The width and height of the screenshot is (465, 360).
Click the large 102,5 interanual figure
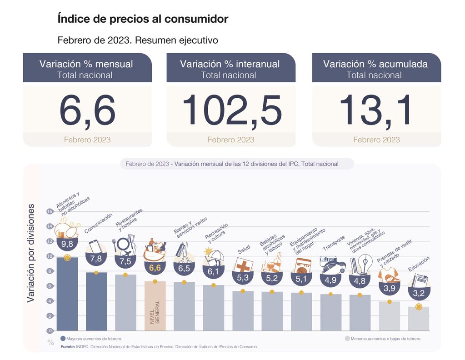pyautogui.click(x=231, y=111)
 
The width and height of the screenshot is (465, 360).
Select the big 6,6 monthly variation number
pyautogui.click(x=87, y=111)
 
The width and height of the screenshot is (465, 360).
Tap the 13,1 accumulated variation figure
pyautogui.click(x=376, y=111)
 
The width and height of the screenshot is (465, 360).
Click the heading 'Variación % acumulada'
pyautogui.click(x=375, y=64)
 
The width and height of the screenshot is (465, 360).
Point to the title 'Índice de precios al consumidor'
pyautogui.click(x=143, y=19)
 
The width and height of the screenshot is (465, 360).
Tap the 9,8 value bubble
pyautogui.click(x=67, y=244)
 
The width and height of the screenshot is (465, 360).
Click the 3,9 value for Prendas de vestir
pyautogui.click(x=389, y=288)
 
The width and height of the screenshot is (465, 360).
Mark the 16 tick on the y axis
pyautogui.click(x=50, y=211)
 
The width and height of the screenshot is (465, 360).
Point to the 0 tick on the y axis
pyautogui.click(x=50, y=330)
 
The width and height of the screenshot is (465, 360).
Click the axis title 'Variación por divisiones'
pyautogui.click(x=31, y=253)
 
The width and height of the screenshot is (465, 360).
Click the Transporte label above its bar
pyautogui.click(x=333, y=243)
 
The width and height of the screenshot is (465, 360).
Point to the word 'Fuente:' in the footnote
pyautogui.click(x=68, y=346)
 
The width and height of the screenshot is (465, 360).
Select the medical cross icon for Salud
pyautogui.click(x=242, y=265)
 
